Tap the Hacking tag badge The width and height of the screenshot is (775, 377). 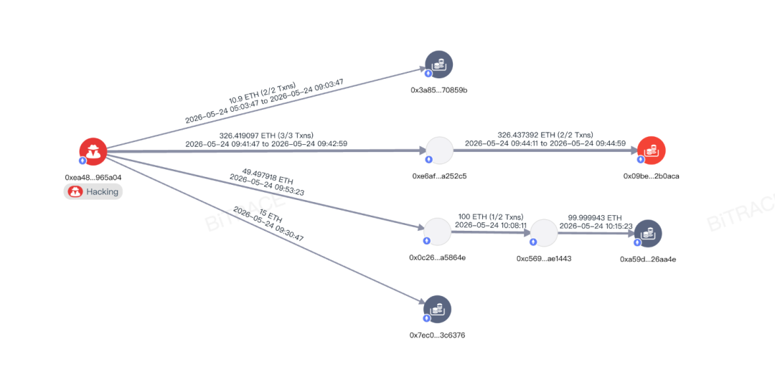tap(93, 191)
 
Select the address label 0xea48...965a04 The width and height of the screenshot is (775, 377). tap(93, 176)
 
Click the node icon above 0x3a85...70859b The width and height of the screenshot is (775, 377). tap(439, 65)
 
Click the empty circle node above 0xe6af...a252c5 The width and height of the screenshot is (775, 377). tap(439, 151)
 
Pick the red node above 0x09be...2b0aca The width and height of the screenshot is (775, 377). tap(652, 151)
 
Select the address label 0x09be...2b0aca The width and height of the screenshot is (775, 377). tap(651, 176)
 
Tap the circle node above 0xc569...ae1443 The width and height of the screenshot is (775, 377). tap(544, 233)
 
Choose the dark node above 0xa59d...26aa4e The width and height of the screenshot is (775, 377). tap(647, 234)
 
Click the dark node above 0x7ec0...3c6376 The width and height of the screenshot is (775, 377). tap(438, 310)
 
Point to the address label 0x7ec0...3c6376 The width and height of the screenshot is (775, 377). tap(437, 335)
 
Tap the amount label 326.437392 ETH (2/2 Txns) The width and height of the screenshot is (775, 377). tap(545, 134)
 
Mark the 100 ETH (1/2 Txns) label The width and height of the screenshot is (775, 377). tap(492, 216)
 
